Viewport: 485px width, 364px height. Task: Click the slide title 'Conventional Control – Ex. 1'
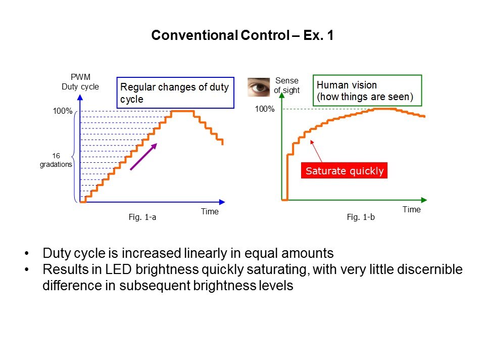click(243, 36)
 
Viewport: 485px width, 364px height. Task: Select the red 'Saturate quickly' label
click(345, 171)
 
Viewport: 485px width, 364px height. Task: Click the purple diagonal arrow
click(144, 156)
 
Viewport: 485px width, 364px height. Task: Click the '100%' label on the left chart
click(63, 111)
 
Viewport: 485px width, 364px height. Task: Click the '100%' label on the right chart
click(265, 109)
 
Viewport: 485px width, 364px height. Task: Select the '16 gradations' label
click(56, 160)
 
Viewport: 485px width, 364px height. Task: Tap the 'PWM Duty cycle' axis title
click(80, 82)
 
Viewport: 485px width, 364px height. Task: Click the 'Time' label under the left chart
click(210, 211)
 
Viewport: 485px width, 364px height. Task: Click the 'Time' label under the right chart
click(411, 209)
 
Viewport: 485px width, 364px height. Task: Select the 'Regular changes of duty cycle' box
click(175, 93)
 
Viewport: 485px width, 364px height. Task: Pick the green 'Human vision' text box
click(367, 91)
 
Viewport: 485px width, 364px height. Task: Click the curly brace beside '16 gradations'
click(77, 157)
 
